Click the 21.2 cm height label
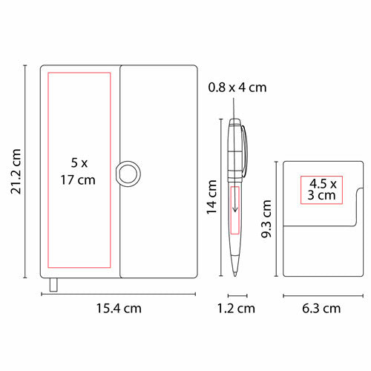[16, 171]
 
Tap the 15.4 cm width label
[119, 309]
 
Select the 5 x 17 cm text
[78, 171]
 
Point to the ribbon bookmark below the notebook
[53, 285]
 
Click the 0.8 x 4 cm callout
[237, 88]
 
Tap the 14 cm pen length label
[212, 197]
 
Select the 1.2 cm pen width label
[236, 309]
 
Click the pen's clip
[245, 151]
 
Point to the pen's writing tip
[234, 275]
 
